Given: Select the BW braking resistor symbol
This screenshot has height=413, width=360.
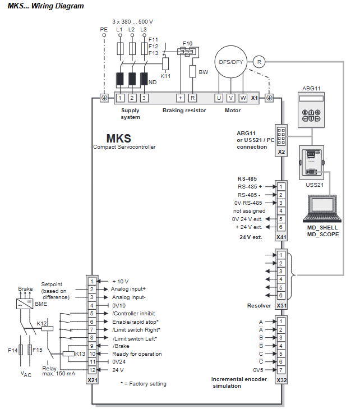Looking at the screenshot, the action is pos(193,71).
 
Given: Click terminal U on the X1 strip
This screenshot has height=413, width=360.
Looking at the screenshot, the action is pos(219,98).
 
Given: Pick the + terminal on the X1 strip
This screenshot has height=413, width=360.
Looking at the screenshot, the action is pos(180,98).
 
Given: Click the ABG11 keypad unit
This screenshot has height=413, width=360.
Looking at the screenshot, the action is pos(311,110).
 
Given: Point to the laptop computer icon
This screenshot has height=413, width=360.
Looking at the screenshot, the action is pos(322,209).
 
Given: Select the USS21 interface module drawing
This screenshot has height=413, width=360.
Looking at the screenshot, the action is pos(311,163).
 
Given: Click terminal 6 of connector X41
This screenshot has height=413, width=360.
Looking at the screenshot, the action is pos(281,227).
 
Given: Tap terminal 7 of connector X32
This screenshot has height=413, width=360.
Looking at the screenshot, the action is pos(281,370).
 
